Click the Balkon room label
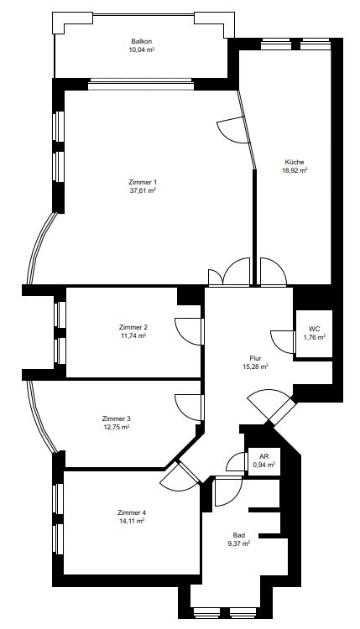pyautogui.click(x=141, y=41)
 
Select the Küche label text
pyautogui.click(x=295, y=162)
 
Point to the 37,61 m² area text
pyautogui.click(x=142, y=190)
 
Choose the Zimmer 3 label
pyautogui.click(x=116, y=418)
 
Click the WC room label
pyautogui.click(x=314, y=329)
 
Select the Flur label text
pyautogui.click(x=255, y=358)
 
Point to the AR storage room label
pyautogui.click(x=263, y=457)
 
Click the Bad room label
pyautogui.click(x=239, y=535)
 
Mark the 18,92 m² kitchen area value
pyautogui.click(x=295, y=170)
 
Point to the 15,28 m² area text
pyautogui.click(x=255, y=366)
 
